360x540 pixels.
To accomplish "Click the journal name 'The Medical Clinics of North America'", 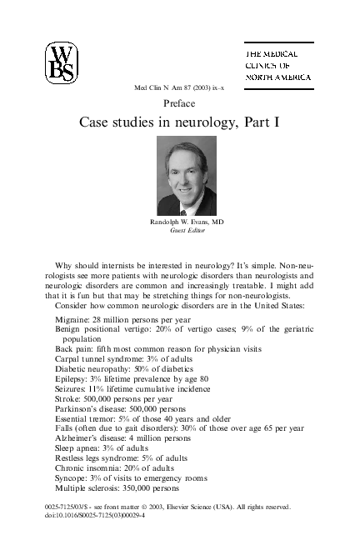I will click(x=277, y=63).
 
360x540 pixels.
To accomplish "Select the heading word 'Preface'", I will click(x=180, y=103).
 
